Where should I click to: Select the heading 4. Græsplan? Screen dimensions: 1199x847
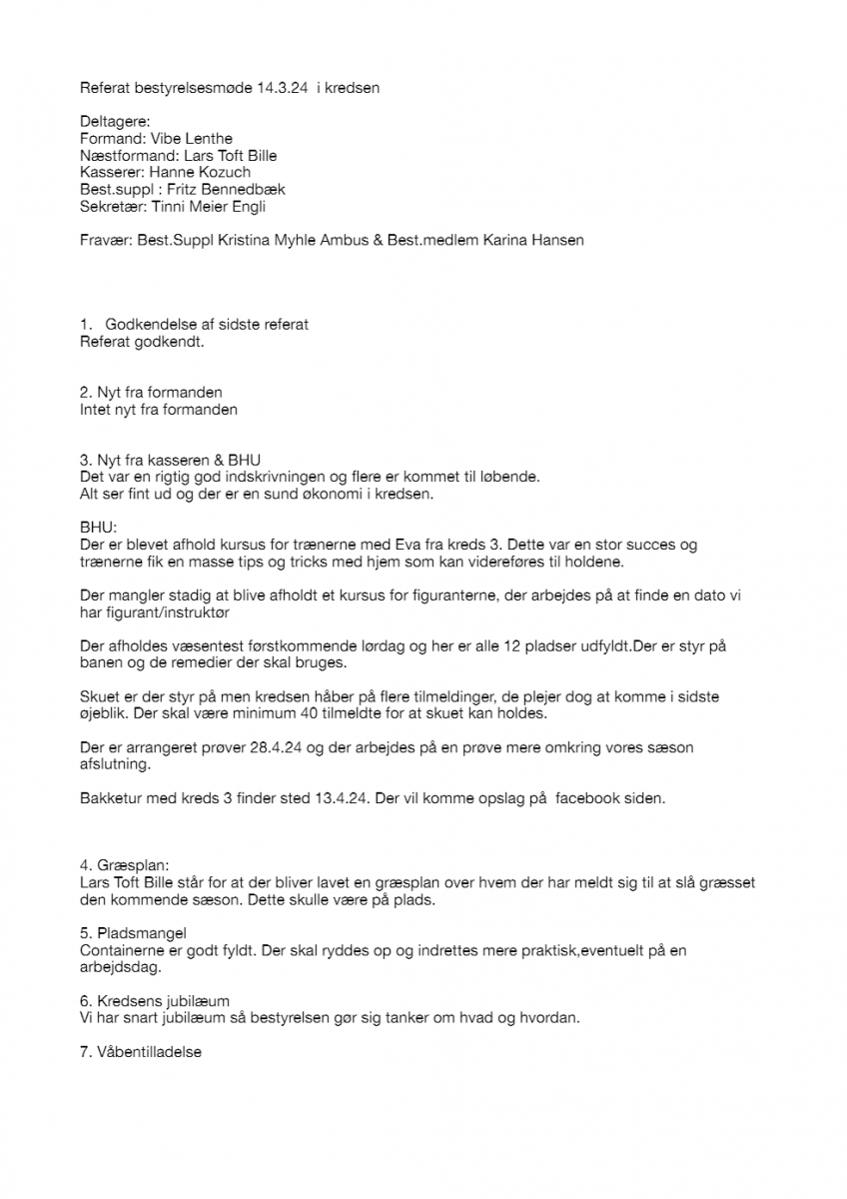pyautogui.click(x=125, y=866)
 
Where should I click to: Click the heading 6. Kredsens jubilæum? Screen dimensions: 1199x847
pyautogui.click(x=155, y=1001)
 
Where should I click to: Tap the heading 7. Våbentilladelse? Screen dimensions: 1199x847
pyautogui.click(x=141, y=1052)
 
